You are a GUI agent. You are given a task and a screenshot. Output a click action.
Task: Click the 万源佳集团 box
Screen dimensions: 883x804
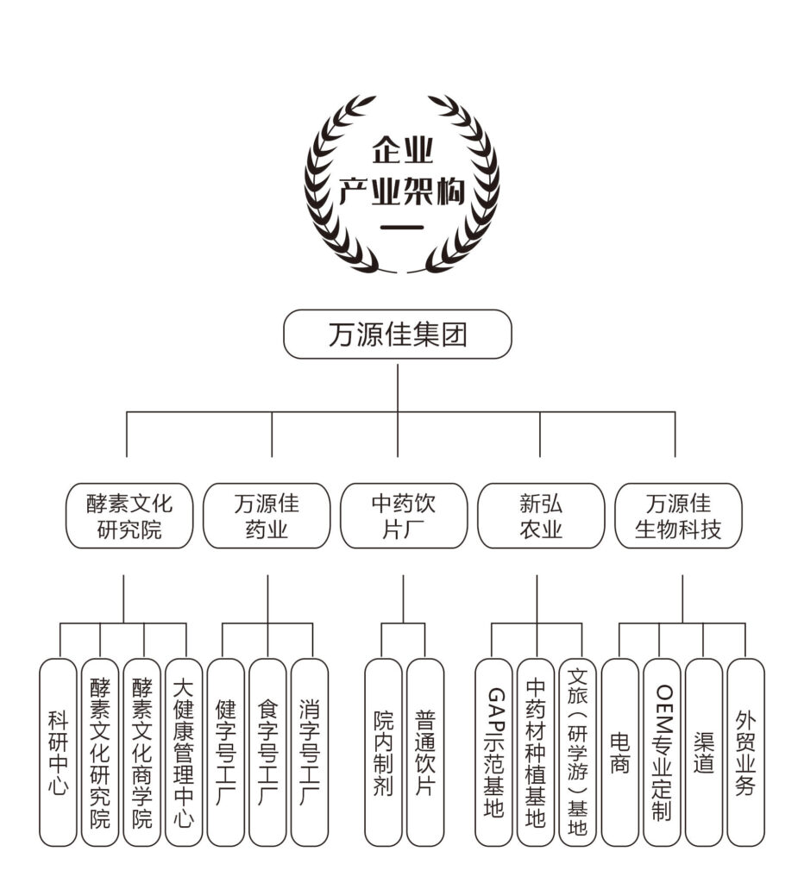pos(397,335)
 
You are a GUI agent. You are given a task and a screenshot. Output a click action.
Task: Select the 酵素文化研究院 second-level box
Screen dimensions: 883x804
pos(129,516)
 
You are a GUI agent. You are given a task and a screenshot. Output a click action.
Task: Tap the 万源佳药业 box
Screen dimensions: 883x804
pos(267,516)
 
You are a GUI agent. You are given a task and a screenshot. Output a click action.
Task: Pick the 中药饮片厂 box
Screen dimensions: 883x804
pos(403,516)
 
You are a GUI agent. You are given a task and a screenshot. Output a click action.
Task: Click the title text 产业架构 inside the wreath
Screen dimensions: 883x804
pos(401,192)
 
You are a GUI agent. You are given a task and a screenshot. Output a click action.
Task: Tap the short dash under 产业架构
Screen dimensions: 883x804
pos(401,229)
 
